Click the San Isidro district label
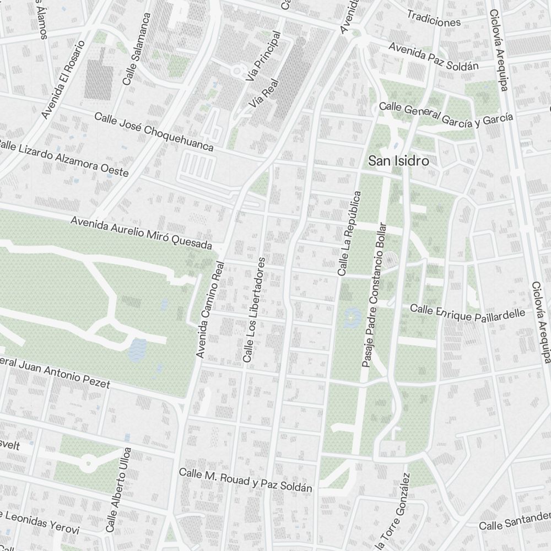tap(398, 161)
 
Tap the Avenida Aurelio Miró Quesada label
tap(142, 231)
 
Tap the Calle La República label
tap(349, 233)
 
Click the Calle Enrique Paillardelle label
tap(468, 313)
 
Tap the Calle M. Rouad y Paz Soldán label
tap(246, 480)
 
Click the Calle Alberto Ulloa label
tap(119, 490)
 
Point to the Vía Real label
tap(263, 93)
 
